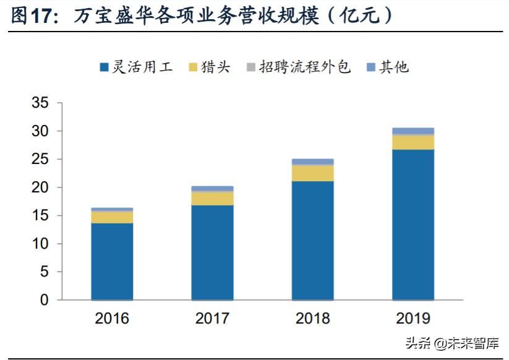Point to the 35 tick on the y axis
pyautogui.click(x=40, y=103)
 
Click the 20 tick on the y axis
pyautogui.click(x=40, y=187)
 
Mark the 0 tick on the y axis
pyautogui.click(x=43, y=300)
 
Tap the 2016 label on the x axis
pyautogui.click(x=112, y=319)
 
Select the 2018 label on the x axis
pyautogui.click(x=312, y=319)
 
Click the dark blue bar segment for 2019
pyautogui.click(x=413, y=225)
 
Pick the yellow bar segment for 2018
pyautogui.click(x=312, y=173)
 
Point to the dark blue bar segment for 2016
pyautogui.click(x=112, y=261)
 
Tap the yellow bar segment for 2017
pyautogui.click(x=212, y=198)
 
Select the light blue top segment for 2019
pyautogui.click(x=413, y=131)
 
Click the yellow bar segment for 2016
pyautogui.click(x=112, y=217)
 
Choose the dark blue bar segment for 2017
pyautogui.click(x=212, y=252)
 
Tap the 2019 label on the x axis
pyautogui.click(x=413, y=319)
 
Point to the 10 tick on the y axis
pyautogui.click(x=40, y=244)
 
